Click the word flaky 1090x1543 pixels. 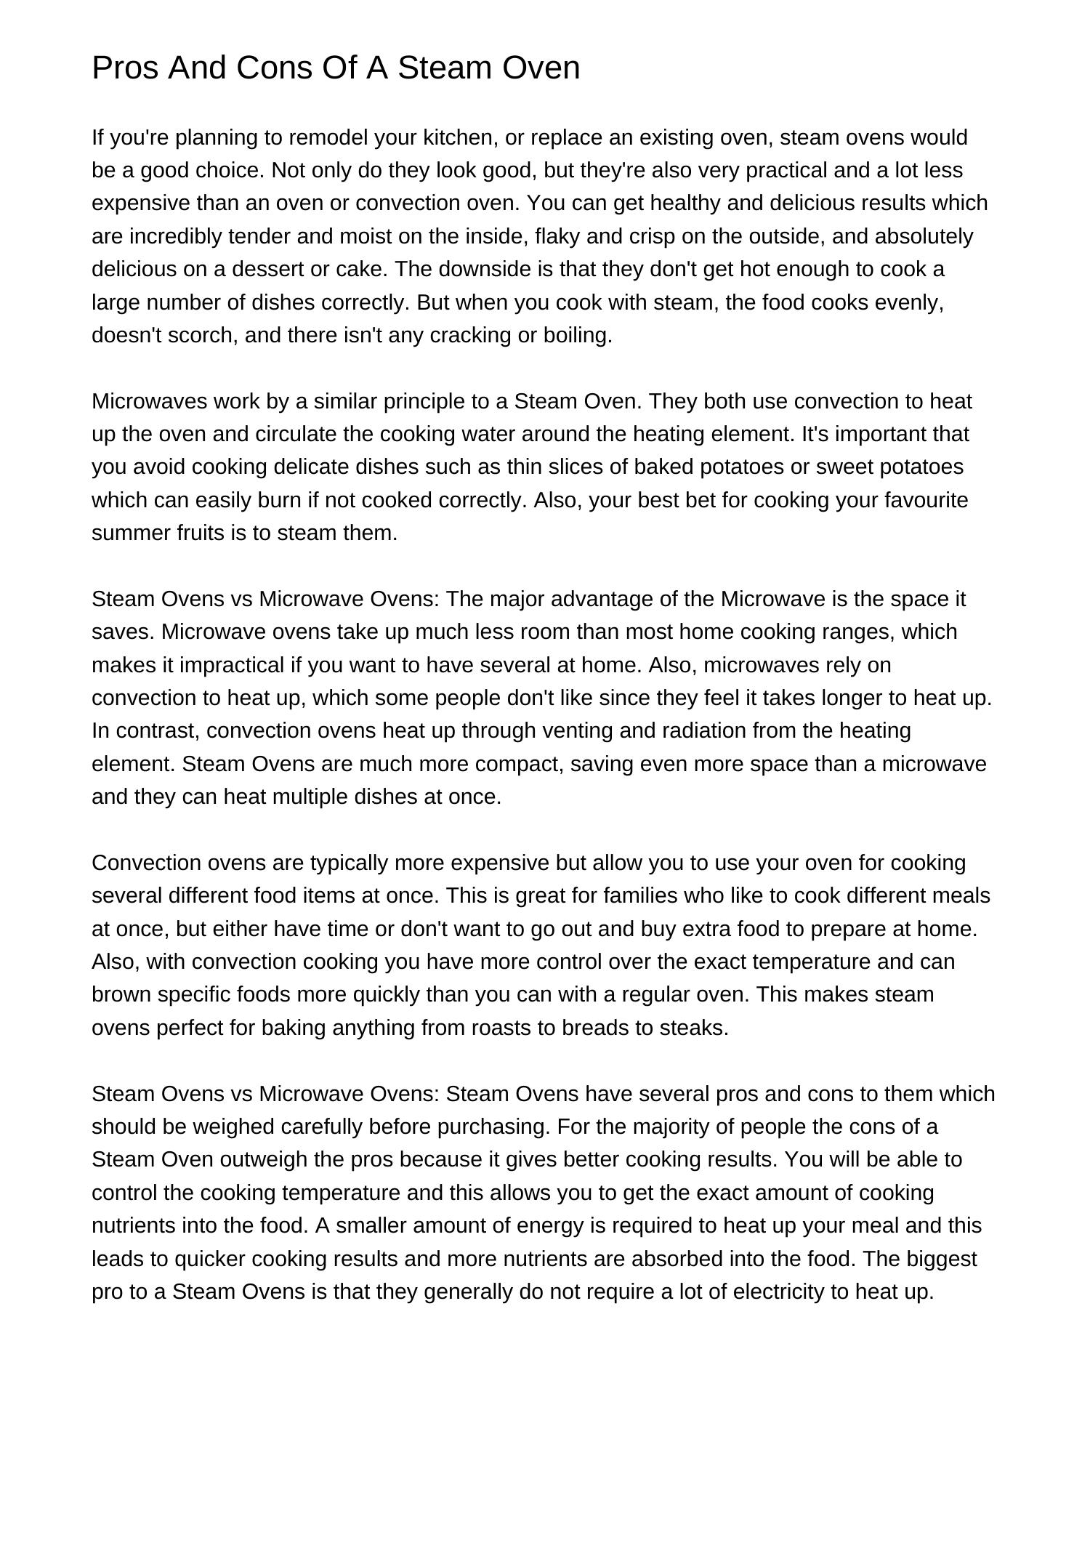tap(556, 236)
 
